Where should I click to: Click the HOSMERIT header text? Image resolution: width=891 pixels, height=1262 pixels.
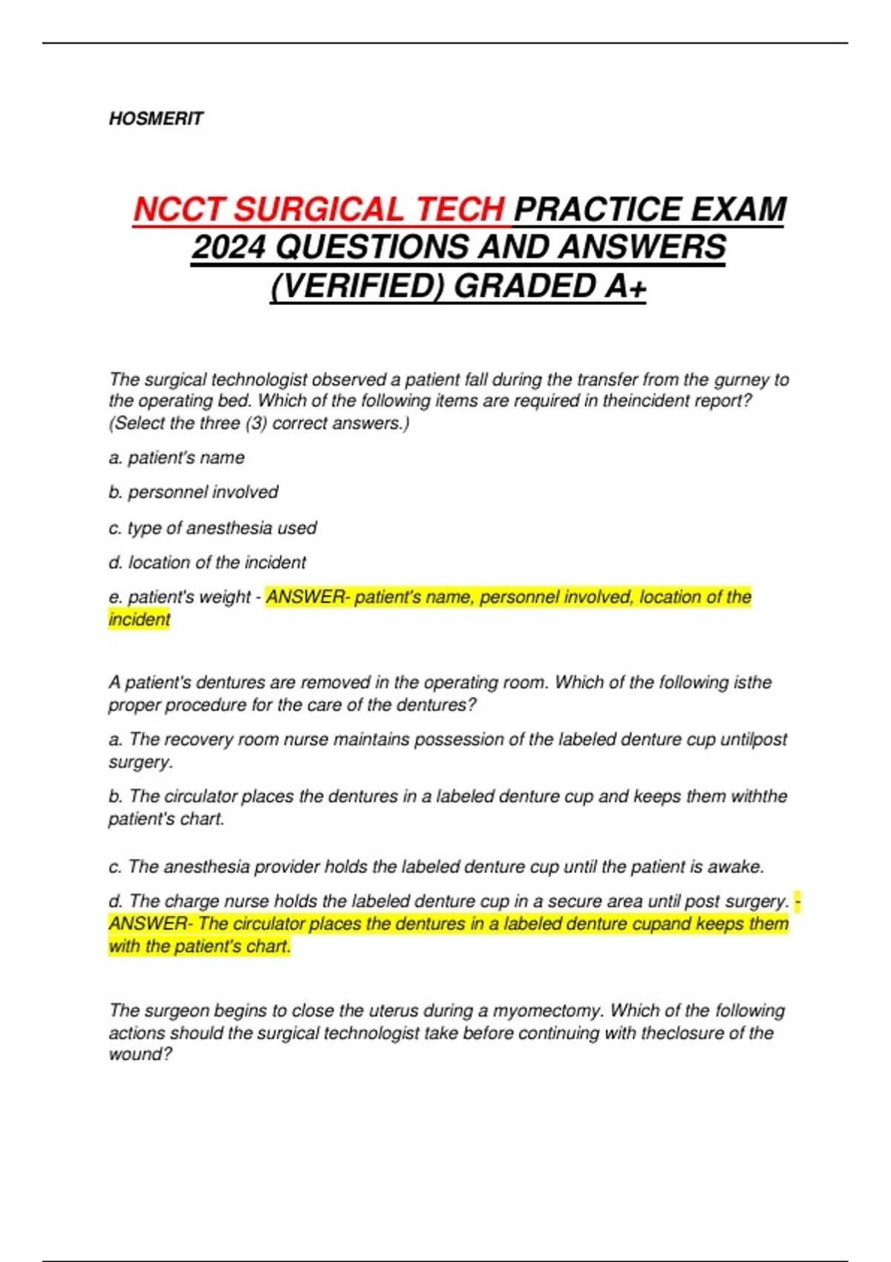click(156, 119)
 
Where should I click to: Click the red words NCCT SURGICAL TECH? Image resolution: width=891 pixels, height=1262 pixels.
click(319, 209)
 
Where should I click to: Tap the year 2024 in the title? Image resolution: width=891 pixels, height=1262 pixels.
click(229, 247)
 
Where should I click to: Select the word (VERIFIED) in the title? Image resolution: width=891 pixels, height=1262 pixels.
click(356, 286)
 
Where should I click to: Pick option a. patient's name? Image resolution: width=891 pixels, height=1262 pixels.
click(177, 457)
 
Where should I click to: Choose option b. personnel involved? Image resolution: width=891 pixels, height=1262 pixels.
click(193, 492)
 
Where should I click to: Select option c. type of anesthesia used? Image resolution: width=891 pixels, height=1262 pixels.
click(212, 528)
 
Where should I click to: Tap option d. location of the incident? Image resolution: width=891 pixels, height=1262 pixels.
click(207, 563)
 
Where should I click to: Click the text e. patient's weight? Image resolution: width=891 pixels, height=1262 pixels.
click(180, 597)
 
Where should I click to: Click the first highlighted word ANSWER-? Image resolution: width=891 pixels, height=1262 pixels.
click(308, 597)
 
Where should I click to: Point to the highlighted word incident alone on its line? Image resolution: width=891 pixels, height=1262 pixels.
click(140, 619)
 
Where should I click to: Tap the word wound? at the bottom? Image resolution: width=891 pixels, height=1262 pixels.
click(140, 1054)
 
